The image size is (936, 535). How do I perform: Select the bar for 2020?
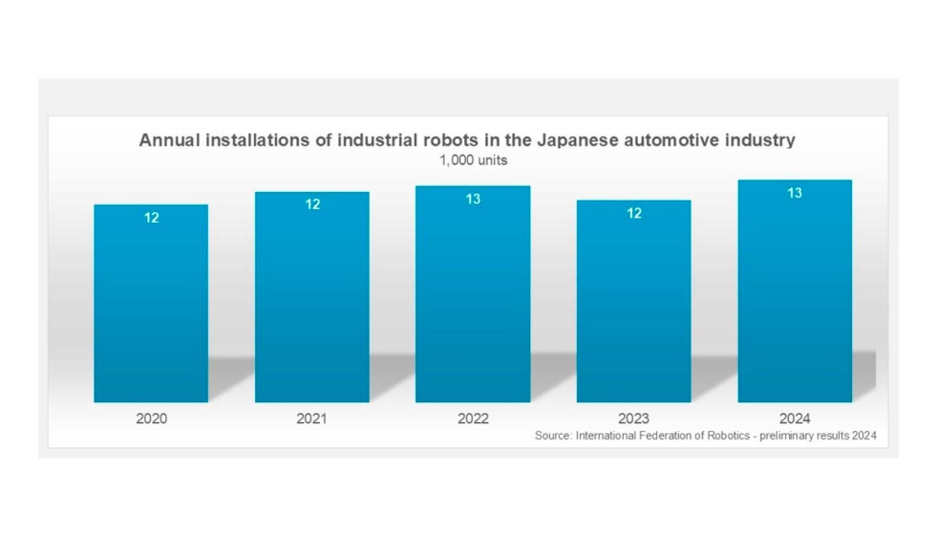pyautogui.click(x=151, y=304)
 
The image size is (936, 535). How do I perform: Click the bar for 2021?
pyautogui.click(x=312, y=297)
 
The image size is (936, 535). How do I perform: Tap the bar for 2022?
pyautogui.click(x=473, y=294)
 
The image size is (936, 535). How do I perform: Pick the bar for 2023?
pyautogui.click(x=633, y=301)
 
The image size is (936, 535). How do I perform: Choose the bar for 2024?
pyautogui.click(x=795, y=291)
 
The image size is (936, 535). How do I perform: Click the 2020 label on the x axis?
pyautogui.click(x=151, y=418)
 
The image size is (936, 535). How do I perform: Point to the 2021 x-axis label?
pyautogui.click(x=312, y=418)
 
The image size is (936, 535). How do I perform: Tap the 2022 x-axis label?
pyautogui.click(x=473, y=418)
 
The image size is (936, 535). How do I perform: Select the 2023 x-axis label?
pyautogui.click(x=633, y=418)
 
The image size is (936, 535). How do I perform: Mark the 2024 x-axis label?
pyautogui.click(x=795, y=418)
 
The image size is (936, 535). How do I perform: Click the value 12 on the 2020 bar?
pyautogui.click(x=152, y=218)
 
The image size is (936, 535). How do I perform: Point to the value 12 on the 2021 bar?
pyautogui.click(x=312, y=204)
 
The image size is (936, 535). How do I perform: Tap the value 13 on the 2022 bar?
pyautogui.click(x=473, y=199)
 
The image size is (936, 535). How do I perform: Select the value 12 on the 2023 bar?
pyautogui.click(x=634, y=213)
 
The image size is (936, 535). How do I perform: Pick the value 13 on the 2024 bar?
pyautogui.click(x=795, y=193)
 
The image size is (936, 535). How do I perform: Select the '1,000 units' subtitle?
pyautogui.click(x=473, y=160)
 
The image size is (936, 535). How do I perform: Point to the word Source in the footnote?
pyautogui.click(x=552, y=436)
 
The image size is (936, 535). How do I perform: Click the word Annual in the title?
pyautogui.click(x=168, y=140)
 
